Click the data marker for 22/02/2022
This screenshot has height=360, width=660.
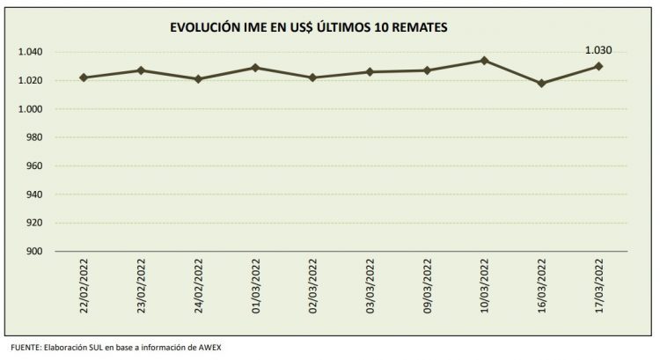84,77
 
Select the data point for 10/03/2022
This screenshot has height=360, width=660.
484,60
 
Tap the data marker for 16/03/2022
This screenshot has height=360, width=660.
541,84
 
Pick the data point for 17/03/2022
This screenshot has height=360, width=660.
598,66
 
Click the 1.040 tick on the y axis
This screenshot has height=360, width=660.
31,52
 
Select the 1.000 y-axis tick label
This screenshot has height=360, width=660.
31,109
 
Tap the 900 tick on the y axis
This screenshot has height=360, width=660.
36,252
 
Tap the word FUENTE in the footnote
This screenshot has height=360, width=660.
18,347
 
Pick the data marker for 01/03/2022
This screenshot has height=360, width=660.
255,68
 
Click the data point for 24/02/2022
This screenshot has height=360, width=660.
198,79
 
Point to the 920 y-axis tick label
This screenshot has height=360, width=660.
36,224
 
